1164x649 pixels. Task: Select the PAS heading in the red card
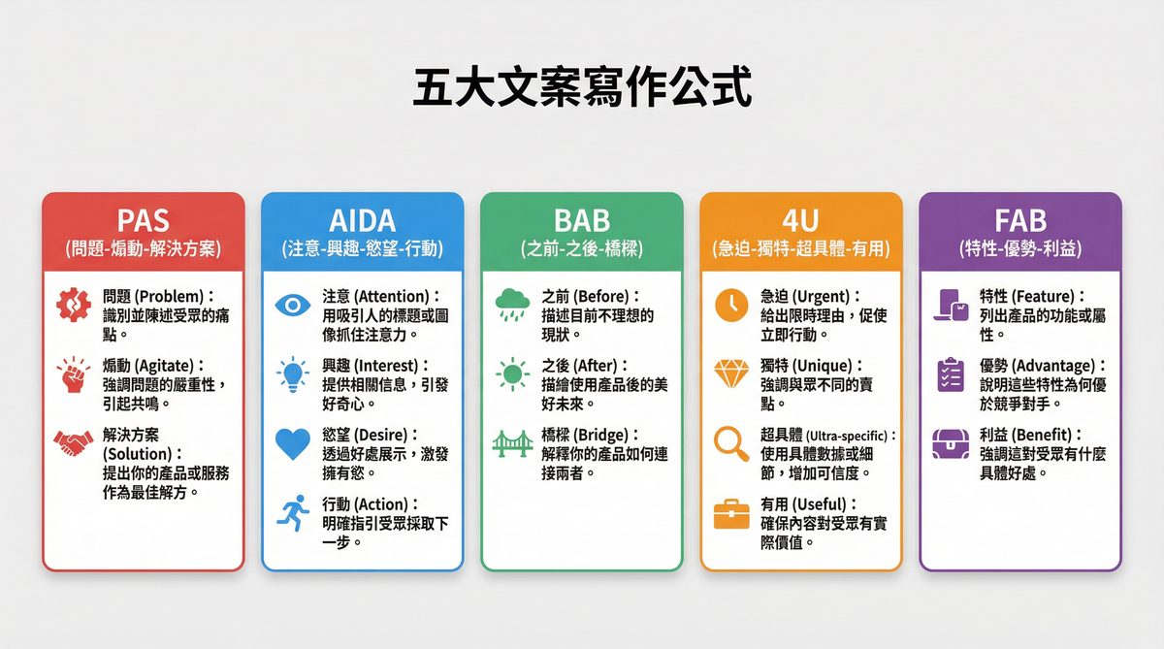coord(143,219)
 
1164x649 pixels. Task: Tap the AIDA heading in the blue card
coord(363,219)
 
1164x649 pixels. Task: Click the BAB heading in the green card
coord(582,219)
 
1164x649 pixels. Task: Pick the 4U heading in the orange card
coord(801,219)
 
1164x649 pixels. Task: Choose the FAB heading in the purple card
coord(1020,219)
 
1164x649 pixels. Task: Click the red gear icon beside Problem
coord(73,305)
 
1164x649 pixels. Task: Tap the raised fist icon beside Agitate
coord(73,374)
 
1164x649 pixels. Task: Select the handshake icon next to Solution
coord(73,443)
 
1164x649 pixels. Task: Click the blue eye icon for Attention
coord(292,305)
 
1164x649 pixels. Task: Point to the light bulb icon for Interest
coord(292,374)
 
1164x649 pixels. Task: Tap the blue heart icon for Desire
coord(292,443)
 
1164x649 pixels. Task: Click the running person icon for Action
coord(292,512)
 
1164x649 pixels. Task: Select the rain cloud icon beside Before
coord(511,303)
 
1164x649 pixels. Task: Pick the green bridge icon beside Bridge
coord(511,443)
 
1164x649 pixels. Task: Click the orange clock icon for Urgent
coord(730,305)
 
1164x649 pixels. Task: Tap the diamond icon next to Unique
coord(730,374)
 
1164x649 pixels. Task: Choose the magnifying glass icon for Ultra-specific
coord(730,443)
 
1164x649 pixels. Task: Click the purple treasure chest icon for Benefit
coord(950,443)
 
